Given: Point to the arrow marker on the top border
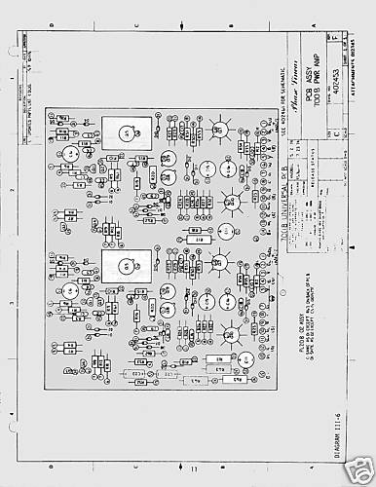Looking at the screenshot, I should coord(174,36).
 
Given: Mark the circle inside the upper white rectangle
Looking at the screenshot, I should coord(127,131).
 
